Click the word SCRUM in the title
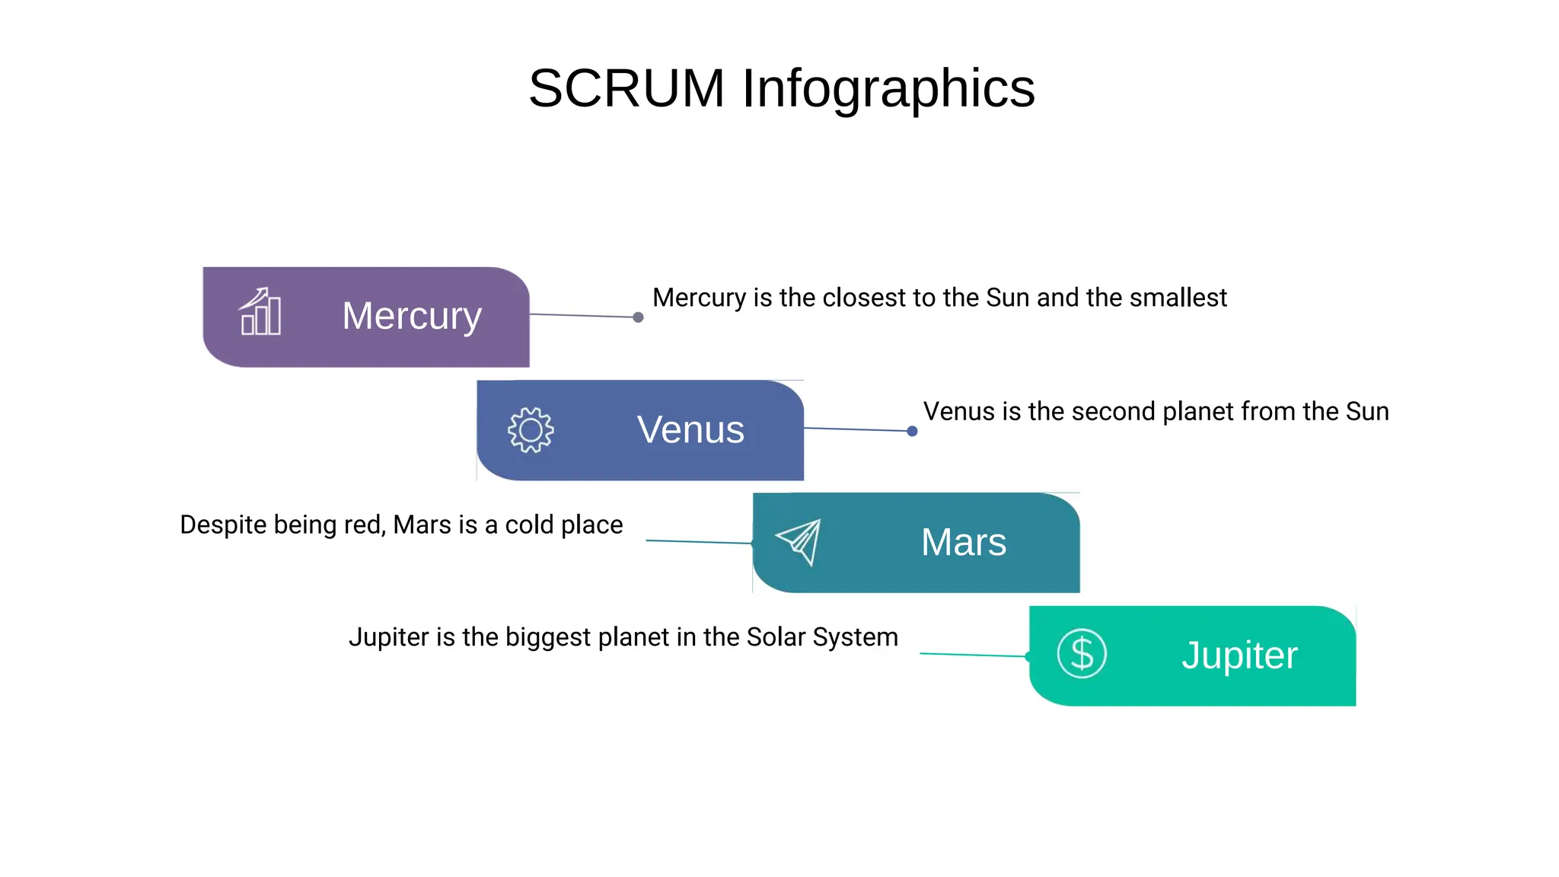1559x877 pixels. coord(626,88)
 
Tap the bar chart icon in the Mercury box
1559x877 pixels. coord(260,312)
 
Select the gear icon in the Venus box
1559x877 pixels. coord(531,430)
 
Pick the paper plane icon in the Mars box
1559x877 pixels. coord(799,541)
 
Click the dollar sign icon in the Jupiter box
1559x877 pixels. coord(1081,653)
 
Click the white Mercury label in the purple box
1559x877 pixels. coord(412,316)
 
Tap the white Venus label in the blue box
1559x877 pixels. coord(690,429)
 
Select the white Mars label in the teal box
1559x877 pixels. coord(964,542)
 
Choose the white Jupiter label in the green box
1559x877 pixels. coord(1239,655)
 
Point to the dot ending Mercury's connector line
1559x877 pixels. coord(638,317)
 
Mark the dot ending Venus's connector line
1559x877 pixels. coord(912,432)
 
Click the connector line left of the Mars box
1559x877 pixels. coord(699,542)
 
